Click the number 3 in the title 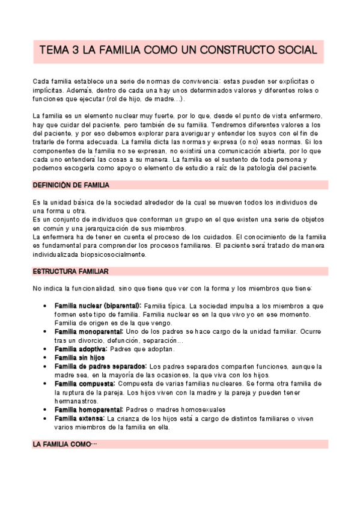tap(75, 52)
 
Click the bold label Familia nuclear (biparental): tap(98, 306)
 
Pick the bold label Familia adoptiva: tap(81, 349)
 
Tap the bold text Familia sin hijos tap(79, 357)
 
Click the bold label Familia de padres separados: tap(100, 366)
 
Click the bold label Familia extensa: tap(79, 418)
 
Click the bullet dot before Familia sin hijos tap(46, 358)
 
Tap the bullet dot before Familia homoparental tap(46, 410)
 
